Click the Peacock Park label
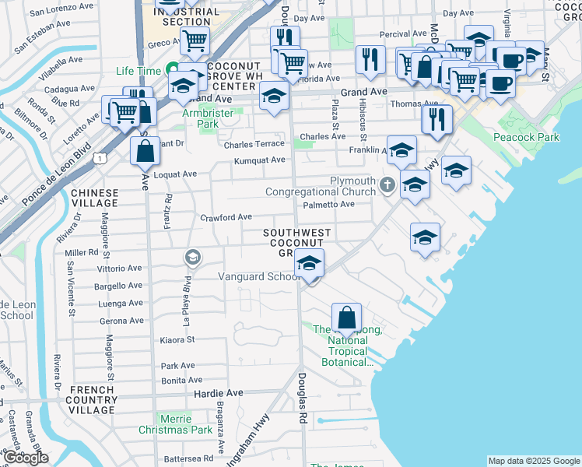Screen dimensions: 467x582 tap(526, 137)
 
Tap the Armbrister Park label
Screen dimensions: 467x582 tap(208, 118)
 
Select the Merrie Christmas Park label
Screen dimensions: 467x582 tap(175, 423)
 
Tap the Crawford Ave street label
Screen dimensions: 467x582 tap(226, 217)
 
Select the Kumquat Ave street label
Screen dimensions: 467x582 tap(261, 160)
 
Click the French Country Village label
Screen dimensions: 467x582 tap(93, 399)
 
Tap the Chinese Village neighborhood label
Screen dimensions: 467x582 tap(95, 198)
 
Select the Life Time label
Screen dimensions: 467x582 tap(138, 71)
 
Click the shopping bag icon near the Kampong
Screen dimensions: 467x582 tap(346, 317)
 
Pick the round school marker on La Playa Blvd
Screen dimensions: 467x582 tap(192, 257)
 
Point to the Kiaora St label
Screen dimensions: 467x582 tap(177, 339)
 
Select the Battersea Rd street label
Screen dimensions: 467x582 tap(188, 458)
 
